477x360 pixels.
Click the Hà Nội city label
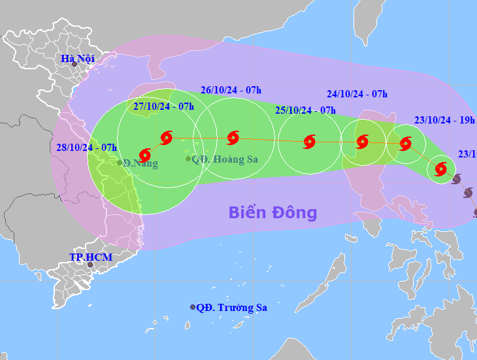click(78, 59)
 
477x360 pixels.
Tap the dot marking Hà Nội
click(74, 65)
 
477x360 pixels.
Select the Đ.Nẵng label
click(140, 163)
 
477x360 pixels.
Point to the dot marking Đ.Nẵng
click(120, 162)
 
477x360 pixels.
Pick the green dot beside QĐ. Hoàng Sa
click(188, 159)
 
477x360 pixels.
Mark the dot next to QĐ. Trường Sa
click(193, 307)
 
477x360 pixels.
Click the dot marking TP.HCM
click(90, 265)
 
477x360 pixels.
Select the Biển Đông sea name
click(272, 212)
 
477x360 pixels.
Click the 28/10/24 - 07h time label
click(87, 147)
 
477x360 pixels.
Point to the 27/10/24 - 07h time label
click(163, 106)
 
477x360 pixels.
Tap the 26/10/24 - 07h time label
click(231, 91)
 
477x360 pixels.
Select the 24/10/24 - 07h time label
click(357, 94)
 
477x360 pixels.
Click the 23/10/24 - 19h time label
click(444, 120)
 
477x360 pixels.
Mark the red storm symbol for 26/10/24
click(233, 138)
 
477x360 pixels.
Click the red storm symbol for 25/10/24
click(309, 141)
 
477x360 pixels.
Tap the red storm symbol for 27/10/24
click(166, 137)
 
